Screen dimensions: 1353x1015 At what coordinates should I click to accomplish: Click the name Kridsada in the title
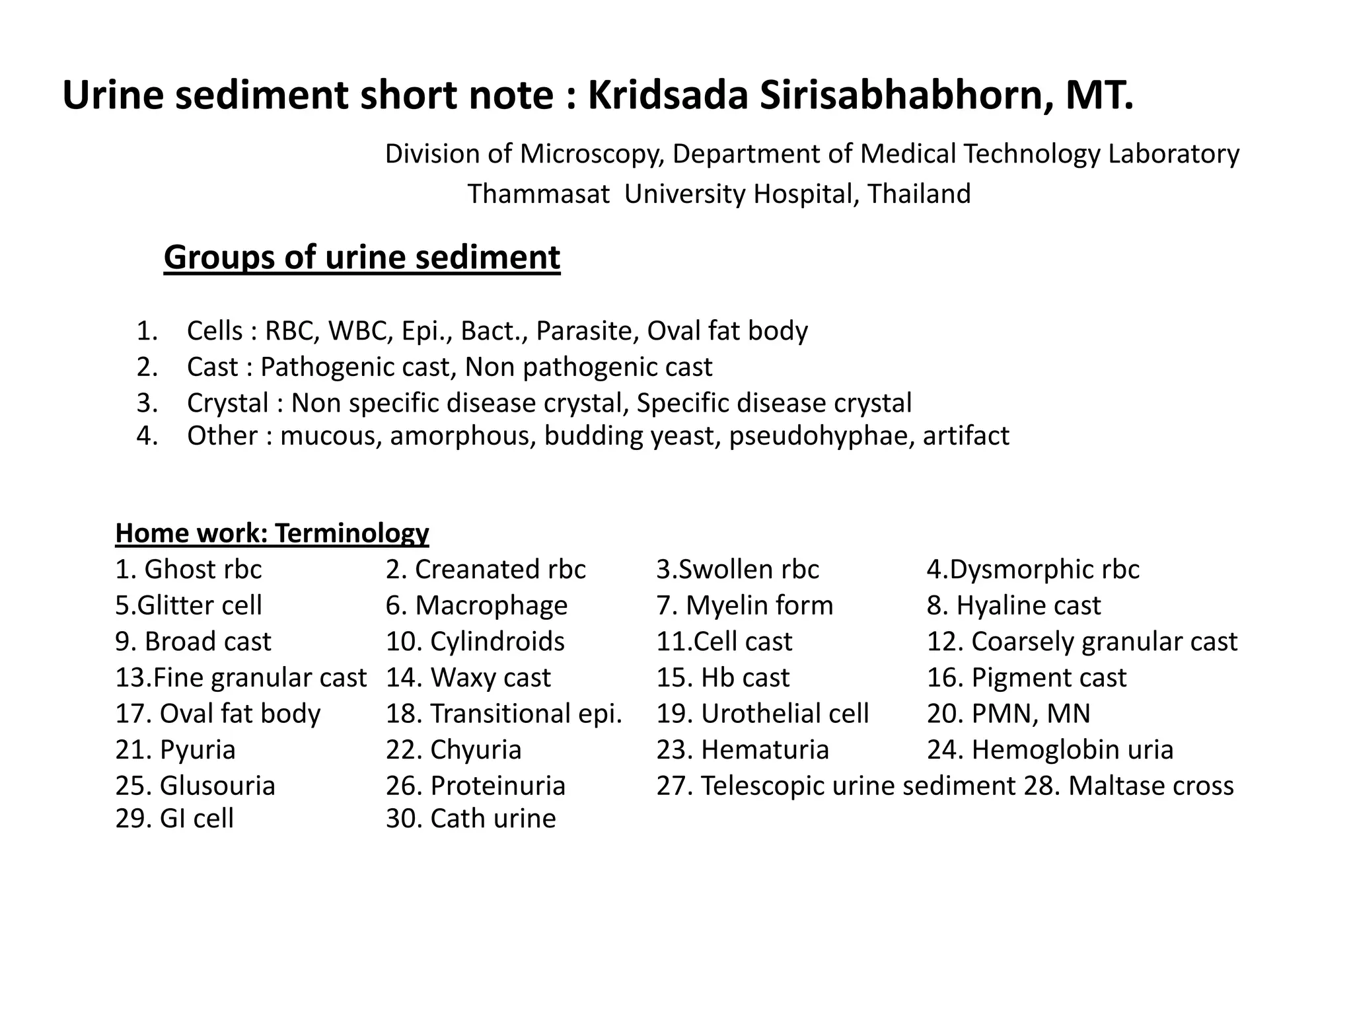(x=667, y=96)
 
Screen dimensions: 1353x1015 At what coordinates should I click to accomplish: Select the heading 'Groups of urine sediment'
(x=362, y=258)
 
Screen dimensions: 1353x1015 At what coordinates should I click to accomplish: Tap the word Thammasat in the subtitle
(x=538, y=194)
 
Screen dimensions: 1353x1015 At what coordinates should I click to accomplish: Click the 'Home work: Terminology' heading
(x=272, y=533)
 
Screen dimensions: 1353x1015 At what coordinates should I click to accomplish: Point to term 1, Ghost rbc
(x=188, y=570)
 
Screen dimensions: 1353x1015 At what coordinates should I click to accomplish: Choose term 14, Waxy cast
(x=468, y=678)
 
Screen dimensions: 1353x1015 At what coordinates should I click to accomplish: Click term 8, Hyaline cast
(x=1013, y=606)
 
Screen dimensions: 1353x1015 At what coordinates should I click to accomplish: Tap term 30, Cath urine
(x=470, y=819)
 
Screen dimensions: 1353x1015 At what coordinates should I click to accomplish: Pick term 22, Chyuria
(x=453, y=750)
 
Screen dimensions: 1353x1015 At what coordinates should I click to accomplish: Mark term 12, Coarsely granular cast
(x=1081, y=642)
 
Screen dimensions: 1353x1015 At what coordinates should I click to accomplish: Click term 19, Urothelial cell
(x=762, y=714)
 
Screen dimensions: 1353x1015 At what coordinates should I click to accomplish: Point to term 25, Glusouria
(x=195, y=786)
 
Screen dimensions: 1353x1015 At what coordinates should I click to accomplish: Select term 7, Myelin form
(x=745, y=606)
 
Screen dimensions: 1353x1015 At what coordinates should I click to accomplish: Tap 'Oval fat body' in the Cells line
(x=727, y=331)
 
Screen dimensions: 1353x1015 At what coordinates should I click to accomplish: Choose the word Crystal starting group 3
(x=228, y=403)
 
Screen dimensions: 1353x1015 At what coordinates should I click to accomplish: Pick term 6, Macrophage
(x=476, y=606)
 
